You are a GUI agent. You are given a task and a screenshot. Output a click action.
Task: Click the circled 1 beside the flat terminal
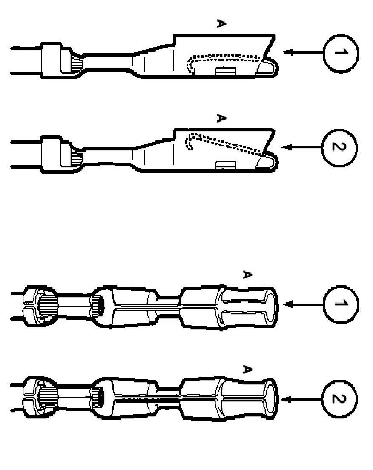click(x=341, y=53)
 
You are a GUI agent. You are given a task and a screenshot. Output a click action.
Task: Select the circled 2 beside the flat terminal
click(x=340, y=147)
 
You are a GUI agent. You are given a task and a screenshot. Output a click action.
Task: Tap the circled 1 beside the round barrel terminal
click(x=341, y=304)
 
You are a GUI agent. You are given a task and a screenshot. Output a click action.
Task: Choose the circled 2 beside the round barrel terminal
click(x=340, y=399)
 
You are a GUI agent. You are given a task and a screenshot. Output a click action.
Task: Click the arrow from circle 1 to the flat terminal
click(x=303, y=52)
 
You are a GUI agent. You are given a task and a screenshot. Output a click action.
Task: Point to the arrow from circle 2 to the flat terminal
click(x=303, y=147)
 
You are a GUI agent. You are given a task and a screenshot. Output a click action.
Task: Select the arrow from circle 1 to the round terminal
click(x=303, y=304)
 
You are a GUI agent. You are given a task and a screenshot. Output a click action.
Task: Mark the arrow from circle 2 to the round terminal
click(x=303, y=399)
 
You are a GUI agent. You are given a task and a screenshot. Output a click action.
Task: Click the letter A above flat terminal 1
click(x=220, y=24)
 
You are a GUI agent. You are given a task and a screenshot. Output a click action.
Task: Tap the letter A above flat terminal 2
click(x=220, y=118)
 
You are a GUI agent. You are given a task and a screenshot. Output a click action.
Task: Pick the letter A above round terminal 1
click(x=246, y=275)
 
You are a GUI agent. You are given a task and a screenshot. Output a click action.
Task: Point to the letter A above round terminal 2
click(x=246, y=369)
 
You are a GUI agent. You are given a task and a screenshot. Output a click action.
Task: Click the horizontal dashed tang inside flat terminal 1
click(x=226, y=56)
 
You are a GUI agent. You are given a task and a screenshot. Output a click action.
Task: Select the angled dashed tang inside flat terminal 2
click(x=226, y=143)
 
